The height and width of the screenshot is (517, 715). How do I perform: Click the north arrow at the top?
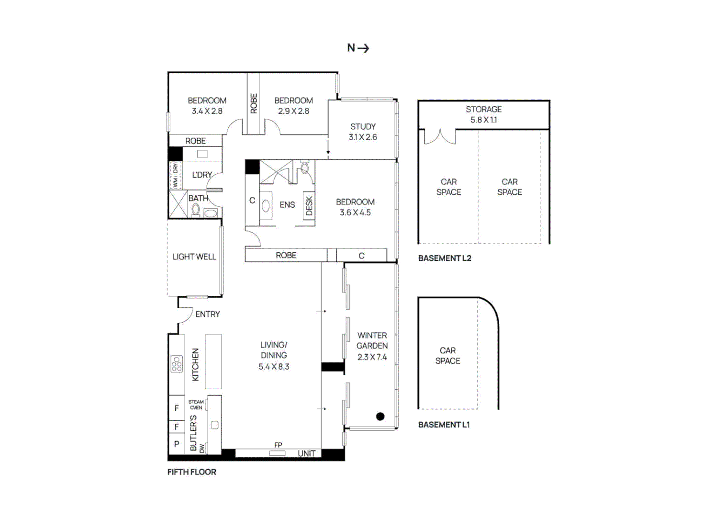point(358,48)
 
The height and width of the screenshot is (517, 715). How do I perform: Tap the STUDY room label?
point(363,126)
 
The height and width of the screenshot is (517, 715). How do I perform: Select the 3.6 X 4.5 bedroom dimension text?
point(355,213)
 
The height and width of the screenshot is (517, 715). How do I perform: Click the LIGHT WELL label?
point(194,257)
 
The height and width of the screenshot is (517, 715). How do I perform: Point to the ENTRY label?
point(207,314)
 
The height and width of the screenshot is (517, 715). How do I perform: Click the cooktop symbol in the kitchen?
point(177,364)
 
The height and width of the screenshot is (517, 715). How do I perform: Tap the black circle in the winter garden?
point(380,416)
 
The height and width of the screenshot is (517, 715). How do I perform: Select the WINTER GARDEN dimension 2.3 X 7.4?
point(372,357)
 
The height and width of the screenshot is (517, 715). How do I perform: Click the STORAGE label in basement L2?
point(483,109)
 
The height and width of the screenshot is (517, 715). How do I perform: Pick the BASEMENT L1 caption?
point(444,425)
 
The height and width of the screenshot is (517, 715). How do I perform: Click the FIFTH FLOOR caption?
point(191,472)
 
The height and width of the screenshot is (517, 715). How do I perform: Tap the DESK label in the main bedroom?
point(309,205)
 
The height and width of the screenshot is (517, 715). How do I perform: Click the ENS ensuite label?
point(287,205)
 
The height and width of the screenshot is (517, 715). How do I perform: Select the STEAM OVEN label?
point(196,405)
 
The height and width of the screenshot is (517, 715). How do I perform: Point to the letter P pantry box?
point(177,444)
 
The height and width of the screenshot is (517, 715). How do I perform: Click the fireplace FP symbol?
point(278,452)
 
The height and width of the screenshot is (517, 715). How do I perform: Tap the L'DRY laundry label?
point(202,175)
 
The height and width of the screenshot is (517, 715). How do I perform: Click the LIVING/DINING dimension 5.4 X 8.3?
point(274,367)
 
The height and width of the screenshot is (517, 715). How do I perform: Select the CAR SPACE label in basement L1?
point(447,356)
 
